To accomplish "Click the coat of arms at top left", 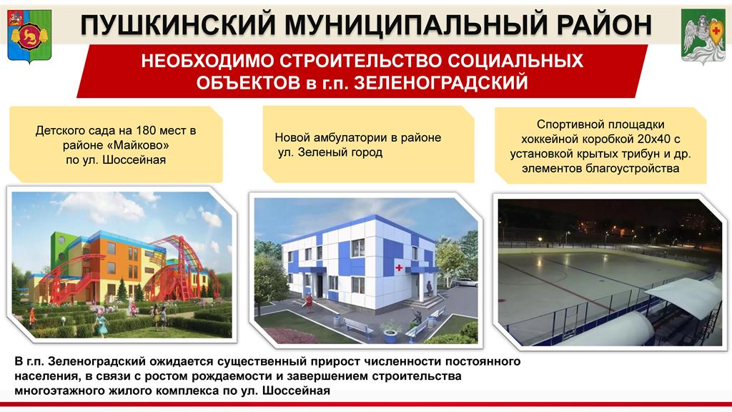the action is pos(29,36).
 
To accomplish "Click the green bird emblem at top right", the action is pos(703,36).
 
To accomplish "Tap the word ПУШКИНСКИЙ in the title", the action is pos(178,25).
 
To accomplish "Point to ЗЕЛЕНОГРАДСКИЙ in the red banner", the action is pos(442,83).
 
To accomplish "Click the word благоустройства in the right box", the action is pos(632,168).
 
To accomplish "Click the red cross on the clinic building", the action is pos(399,268).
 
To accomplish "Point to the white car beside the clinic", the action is pos(465,282).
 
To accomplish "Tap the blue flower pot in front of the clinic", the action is pos(390,335).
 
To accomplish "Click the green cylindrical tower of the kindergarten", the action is pos(59,247).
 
